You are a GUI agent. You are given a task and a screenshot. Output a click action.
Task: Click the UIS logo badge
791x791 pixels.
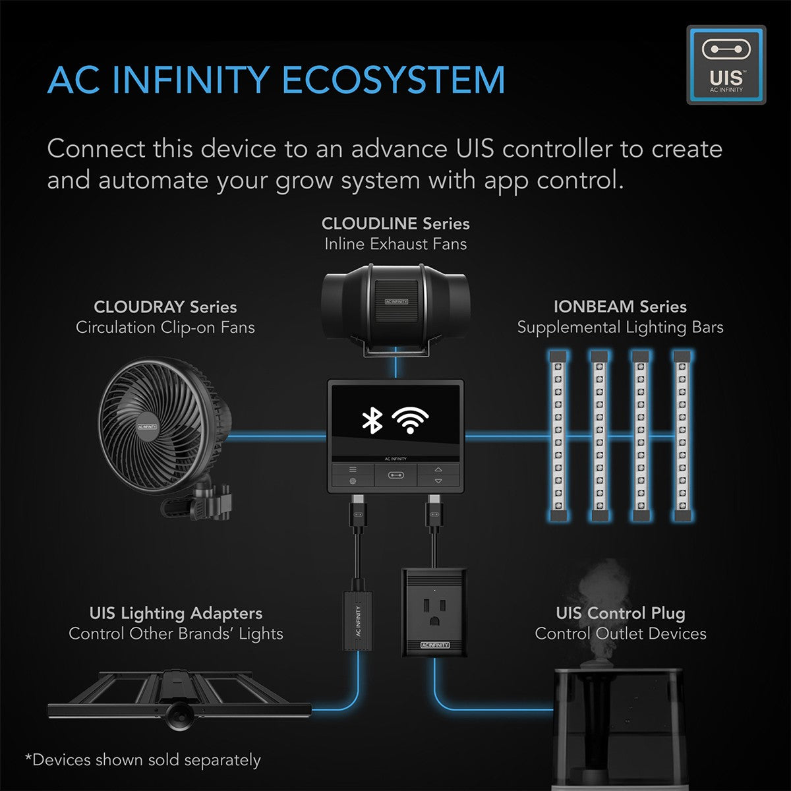726,65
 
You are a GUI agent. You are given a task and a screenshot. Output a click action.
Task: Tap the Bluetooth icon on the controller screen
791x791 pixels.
372,420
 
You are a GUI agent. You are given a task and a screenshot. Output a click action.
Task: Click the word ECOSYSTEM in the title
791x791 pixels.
394,80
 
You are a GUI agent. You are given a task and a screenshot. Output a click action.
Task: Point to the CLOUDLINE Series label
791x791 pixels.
395,223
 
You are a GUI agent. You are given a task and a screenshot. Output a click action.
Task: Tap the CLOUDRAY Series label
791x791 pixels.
165,307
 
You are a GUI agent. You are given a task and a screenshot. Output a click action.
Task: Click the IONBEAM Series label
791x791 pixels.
620,307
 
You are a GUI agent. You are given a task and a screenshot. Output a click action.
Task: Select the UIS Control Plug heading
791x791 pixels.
620,613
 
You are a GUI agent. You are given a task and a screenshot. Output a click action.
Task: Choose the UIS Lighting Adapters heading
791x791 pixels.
175,613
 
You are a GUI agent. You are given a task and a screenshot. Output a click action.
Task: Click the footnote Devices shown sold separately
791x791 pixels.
143,760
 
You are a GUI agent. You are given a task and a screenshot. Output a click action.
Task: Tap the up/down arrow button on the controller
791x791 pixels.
438,475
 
